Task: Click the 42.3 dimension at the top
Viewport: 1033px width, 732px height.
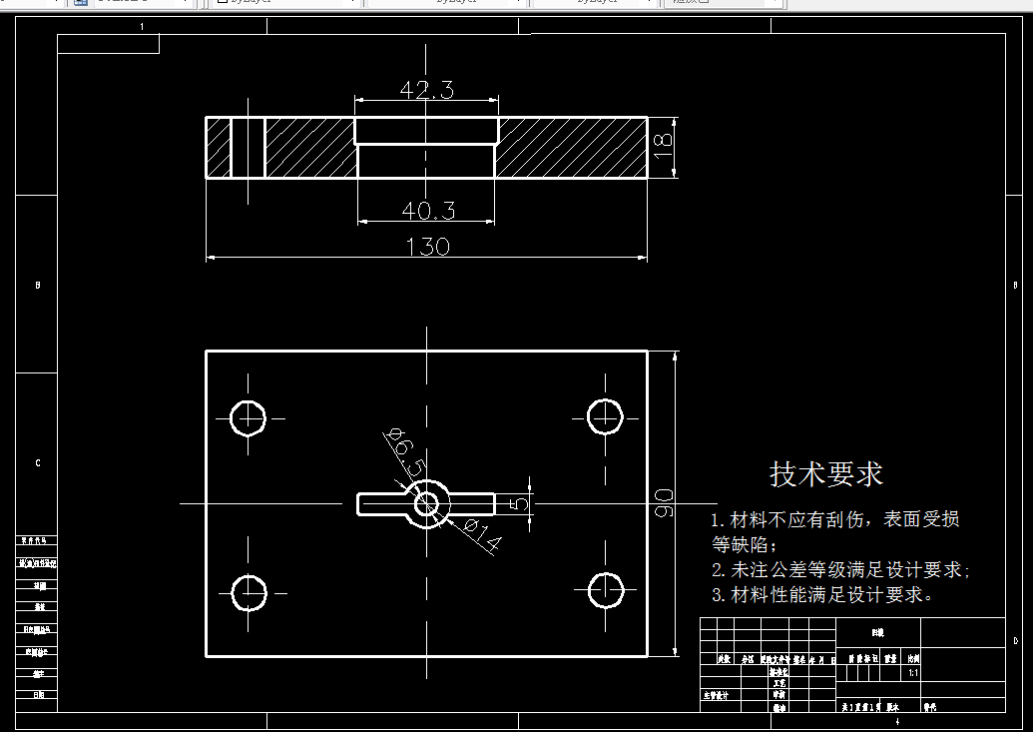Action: click(x=426, y=90)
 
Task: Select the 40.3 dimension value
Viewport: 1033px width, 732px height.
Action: click(x=428, y=210)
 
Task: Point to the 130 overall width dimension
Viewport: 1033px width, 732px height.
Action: click(x=427, y=246)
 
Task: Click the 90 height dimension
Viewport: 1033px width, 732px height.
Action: click(x=664, y=503)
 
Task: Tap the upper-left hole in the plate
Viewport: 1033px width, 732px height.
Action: click(x=248, y=416)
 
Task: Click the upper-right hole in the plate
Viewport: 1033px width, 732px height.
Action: click(x=605, y=416)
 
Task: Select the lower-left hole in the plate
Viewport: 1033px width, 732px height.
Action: click(x=249, y=593)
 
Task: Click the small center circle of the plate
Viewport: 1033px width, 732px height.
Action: click(x=427, y=503)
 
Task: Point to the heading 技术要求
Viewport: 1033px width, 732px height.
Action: click(x=826, y=473)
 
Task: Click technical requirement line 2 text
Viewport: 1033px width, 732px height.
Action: click(x=840, y=570)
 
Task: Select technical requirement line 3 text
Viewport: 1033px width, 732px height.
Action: click(x=822, y=595)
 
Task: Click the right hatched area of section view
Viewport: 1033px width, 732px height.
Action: click(x=571, y=148)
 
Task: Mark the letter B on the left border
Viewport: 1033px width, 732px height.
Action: click(x=38, y=286)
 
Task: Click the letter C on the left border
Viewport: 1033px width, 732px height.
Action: click(x=38, y=463)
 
